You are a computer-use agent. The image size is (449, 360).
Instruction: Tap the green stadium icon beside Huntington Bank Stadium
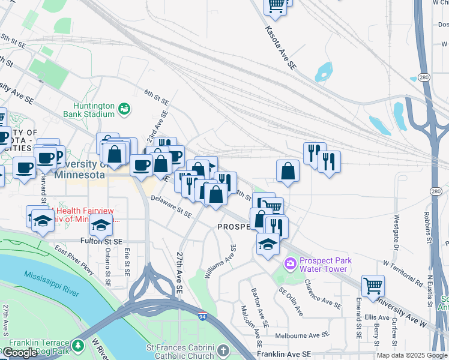click(x=124, y=109)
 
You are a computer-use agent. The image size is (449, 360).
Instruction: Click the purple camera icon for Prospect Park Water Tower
click(x=291, y=263)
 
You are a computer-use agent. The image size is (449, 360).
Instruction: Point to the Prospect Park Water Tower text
click(x=324, y=264)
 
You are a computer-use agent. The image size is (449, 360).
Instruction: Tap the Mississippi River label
click(x=52, y=283)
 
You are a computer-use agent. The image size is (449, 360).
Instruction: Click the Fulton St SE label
click(x=101, y=241)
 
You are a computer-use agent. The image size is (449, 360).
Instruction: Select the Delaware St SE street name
click(x=171, y=206)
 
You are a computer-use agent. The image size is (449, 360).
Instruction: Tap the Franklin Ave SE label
click(x=283, y=355)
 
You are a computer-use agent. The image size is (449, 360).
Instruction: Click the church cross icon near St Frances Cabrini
click(x=223, y=350)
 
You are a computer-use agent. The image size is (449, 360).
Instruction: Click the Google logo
click(x=20, y=353)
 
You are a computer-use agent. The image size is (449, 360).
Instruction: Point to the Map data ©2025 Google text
click(x=412, y=355)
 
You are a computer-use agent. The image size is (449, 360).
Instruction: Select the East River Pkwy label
click(x=75, y=259)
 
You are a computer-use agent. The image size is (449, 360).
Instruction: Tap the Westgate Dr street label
click(x=396, y=232)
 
